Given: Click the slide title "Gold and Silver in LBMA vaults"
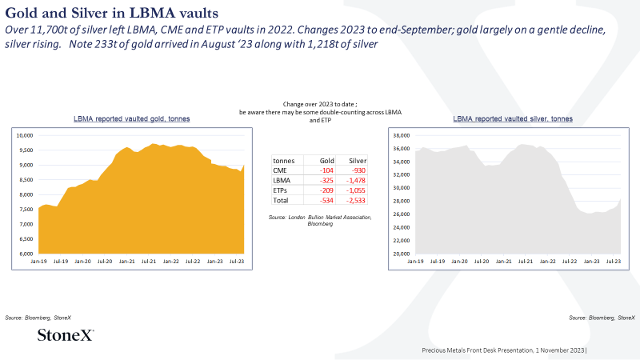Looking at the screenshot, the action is (111, 13).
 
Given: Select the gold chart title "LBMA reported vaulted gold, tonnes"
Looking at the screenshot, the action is (131, 118).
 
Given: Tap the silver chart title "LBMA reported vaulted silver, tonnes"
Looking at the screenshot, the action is (513, 118).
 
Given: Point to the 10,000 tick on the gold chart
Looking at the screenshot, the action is (25, 135).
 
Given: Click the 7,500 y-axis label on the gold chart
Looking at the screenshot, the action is (26, 210).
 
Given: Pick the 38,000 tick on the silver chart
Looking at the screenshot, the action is (402, 135).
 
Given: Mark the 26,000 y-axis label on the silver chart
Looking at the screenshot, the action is (402, 214).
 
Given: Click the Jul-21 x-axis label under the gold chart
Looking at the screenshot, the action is (149, 262).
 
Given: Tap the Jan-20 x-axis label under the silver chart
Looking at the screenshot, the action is (459, 262).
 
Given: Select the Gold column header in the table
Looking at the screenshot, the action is (327, 161).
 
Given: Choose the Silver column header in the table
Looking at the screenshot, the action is (358, 161).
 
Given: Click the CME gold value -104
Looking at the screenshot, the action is (326, 170).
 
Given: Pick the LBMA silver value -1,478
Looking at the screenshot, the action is (355, 181).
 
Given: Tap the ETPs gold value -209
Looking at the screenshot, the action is (326, 190).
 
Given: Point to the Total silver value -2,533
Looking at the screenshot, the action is (355, 201).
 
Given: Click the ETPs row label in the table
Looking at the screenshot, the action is (280, 190).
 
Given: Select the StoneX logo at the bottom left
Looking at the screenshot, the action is (66, 334).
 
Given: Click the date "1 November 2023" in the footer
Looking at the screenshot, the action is (560, 350).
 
